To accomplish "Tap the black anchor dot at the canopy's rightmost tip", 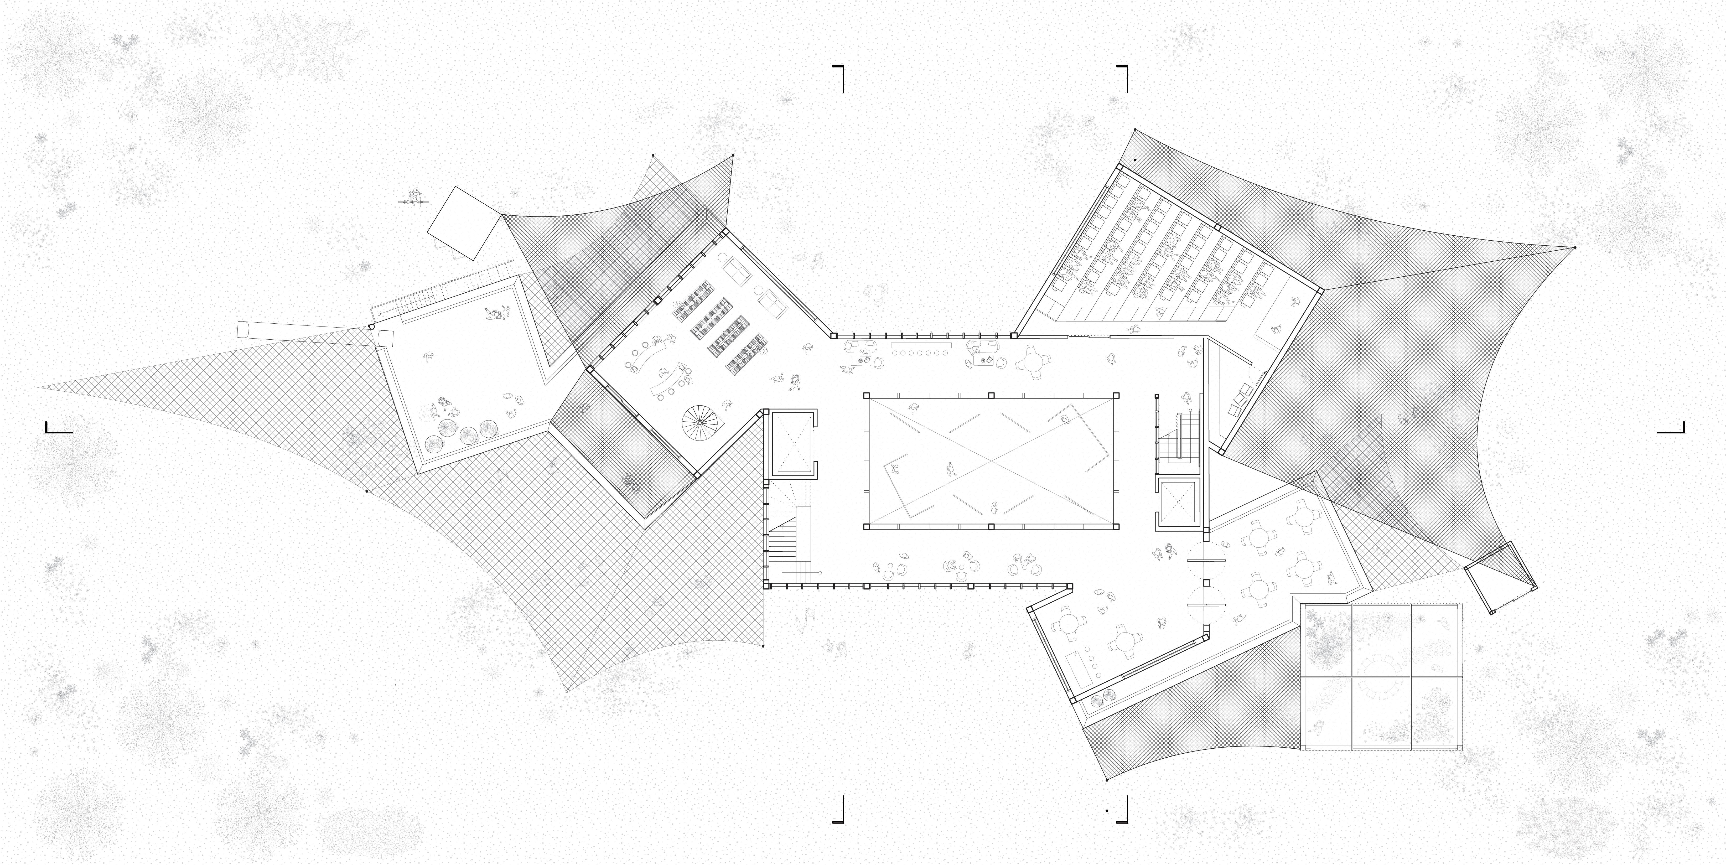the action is click(x=1575, y=248).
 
